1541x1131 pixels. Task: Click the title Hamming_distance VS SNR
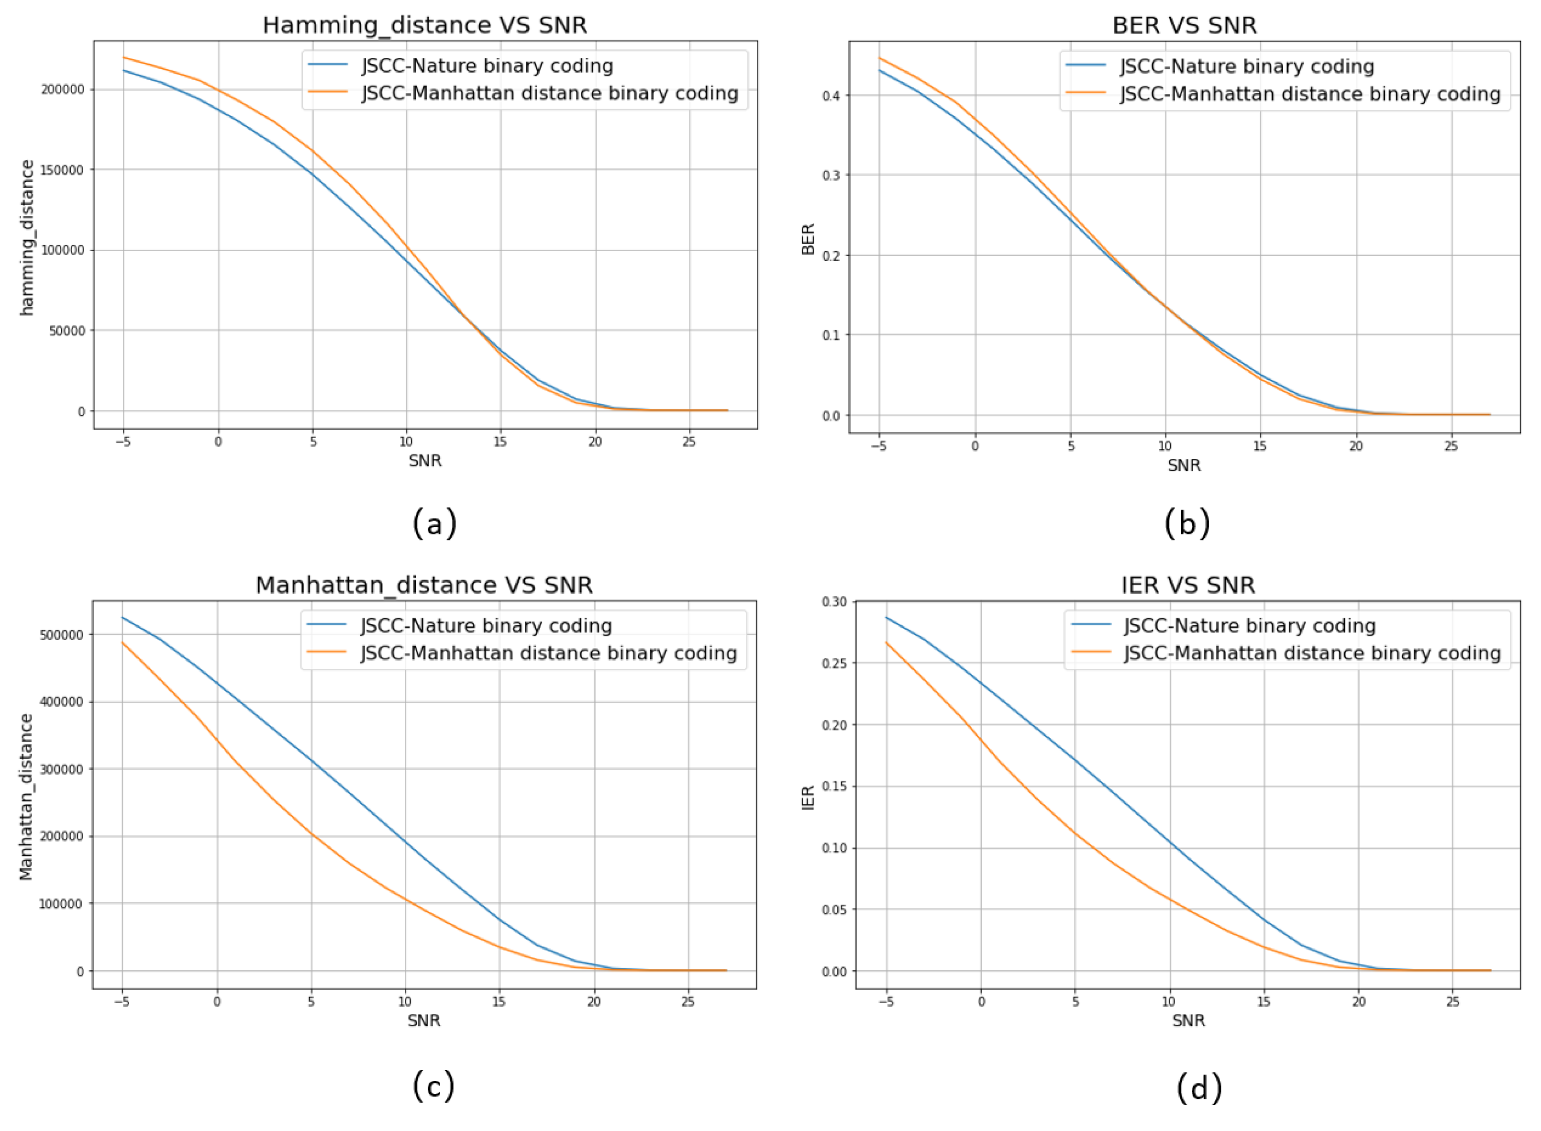(424, 25)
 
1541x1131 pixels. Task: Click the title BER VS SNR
(1184, 25)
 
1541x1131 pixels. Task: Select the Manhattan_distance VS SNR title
(424, 585)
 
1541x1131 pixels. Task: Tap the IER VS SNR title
(1188, 585)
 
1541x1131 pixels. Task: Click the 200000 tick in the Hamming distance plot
(63, 89)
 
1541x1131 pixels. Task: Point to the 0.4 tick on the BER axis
(831, 95)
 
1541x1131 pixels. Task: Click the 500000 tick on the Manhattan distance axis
(62, 635)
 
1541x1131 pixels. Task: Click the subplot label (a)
(434, 524)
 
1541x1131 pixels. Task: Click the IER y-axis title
(809, 798)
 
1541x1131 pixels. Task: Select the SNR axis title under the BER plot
(1184, 466)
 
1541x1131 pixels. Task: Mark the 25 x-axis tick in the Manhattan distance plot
(687, 1002)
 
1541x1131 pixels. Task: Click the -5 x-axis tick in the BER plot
(878, 446)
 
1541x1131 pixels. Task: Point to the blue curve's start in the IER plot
(887, 617)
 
